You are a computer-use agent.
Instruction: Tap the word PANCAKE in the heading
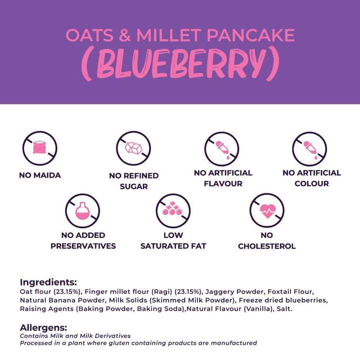(250, 35)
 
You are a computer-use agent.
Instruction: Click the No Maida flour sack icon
(40, 148)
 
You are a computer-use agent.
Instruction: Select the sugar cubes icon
(134, 148)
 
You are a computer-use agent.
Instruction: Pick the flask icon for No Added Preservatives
(82, 210)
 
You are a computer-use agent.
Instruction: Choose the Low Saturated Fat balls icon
(173, 210)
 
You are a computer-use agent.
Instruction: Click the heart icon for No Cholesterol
(267, 210)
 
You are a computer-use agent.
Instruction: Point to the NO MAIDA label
(40, 175)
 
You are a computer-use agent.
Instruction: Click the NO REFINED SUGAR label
(134, 181)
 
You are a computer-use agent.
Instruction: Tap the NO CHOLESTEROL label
(267, 241)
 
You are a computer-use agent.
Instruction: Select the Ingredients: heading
(48, 282)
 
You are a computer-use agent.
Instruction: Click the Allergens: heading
(43, 328)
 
